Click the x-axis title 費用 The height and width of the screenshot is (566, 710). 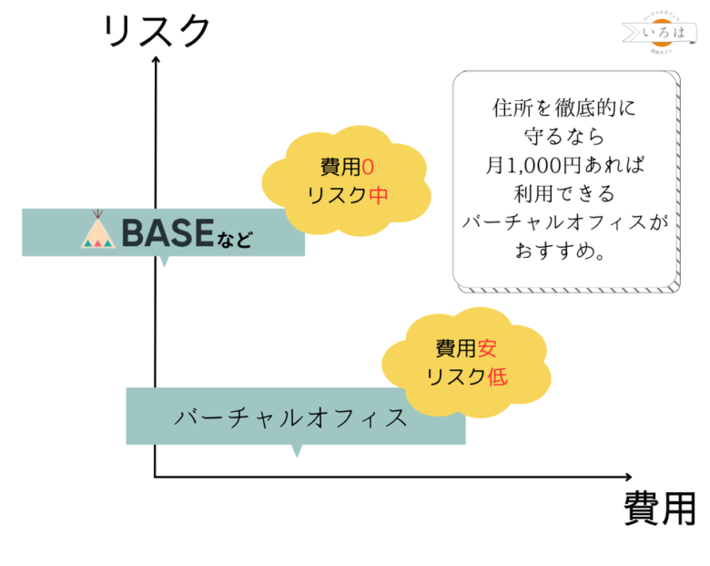(660, 507)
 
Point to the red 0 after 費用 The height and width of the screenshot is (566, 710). (367, 167)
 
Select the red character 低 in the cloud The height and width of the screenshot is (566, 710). (497, 376)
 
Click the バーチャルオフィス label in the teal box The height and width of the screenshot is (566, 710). (290, 417)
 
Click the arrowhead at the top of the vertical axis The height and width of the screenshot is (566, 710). (156, 60)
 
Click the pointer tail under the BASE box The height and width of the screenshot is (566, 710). (164, 261)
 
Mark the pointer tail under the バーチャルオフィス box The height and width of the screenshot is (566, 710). (295, 450)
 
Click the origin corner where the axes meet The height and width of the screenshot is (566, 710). (156, 476)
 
